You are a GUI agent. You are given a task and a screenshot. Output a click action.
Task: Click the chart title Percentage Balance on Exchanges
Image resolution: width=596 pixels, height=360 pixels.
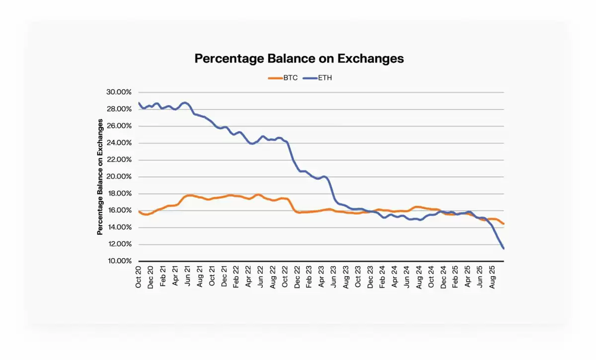[299, 59]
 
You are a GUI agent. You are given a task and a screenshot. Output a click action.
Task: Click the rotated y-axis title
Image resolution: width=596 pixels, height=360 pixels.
[100, 177]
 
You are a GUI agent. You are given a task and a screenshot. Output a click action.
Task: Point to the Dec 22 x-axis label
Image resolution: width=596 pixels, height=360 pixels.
[298, 277]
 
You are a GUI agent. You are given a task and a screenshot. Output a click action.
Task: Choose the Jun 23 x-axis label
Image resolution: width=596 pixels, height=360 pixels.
[334, 277]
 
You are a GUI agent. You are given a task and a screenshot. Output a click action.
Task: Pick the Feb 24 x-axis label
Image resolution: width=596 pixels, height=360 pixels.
[382, 277]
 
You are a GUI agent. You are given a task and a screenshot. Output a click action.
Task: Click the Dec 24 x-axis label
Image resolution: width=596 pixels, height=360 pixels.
[443, 277]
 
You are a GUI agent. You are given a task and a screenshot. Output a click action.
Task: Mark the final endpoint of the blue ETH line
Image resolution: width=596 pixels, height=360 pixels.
[504, 248]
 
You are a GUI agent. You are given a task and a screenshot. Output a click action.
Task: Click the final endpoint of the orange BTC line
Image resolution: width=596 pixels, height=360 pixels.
[504, 224]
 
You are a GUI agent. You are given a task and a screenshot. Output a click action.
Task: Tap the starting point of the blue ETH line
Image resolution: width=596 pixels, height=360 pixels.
[139, 103]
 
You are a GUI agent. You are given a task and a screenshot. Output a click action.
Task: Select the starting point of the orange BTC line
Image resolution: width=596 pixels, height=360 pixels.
[139, 212]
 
